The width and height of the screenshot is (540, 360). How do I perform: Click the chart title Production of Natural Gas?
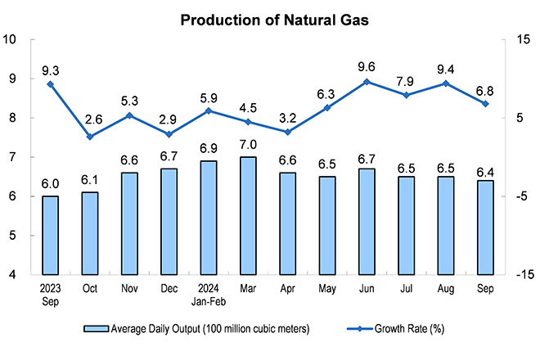[274, 20]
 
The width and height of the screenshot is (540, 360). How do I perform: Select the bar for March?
[248, 216]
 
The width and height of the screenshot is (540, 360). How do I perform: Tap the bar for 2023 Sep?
[50, 236]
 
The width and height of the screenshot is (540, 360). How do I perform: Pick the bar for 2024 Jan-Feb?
[209, 218]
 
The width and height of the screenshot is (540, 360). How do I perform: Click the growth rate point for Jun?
[367, 82]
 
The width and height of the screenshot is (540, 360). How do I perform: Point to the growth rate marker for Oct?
[90, 137]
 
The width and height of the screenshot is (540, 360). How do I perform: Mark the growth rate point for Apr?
[287, 132]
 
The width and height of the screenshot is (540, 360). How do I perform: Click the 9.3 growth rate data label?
[50, 70]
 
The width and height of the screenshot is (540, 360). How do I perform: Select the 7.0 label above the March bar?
[248, 145]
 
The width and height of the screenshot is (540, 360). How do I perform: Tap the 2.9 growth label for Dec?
[169, 119]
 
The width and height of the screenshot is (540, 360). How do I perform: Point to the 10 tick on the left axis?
[9, 39]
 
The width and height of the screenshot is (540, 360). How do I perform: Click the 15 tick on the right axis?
[523, 39]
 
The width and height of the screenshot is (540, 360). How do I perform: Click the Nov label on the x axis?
[129, 288]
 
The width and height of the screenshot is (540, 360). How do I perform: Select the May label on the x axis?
[326, 289]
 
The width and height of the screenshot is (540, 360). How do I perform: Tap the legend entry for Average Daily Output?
[196, 329]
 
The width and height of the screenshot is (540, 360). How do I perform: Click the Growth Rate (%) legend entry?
[396, 329]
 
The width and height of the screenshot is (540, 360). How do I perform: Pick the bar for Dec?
[169, 222]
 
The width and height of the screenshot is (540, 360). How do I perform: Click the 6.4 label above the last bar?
[485, 172]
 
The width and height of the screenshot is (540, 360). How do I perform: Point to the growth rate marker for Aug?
[446, 83]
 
